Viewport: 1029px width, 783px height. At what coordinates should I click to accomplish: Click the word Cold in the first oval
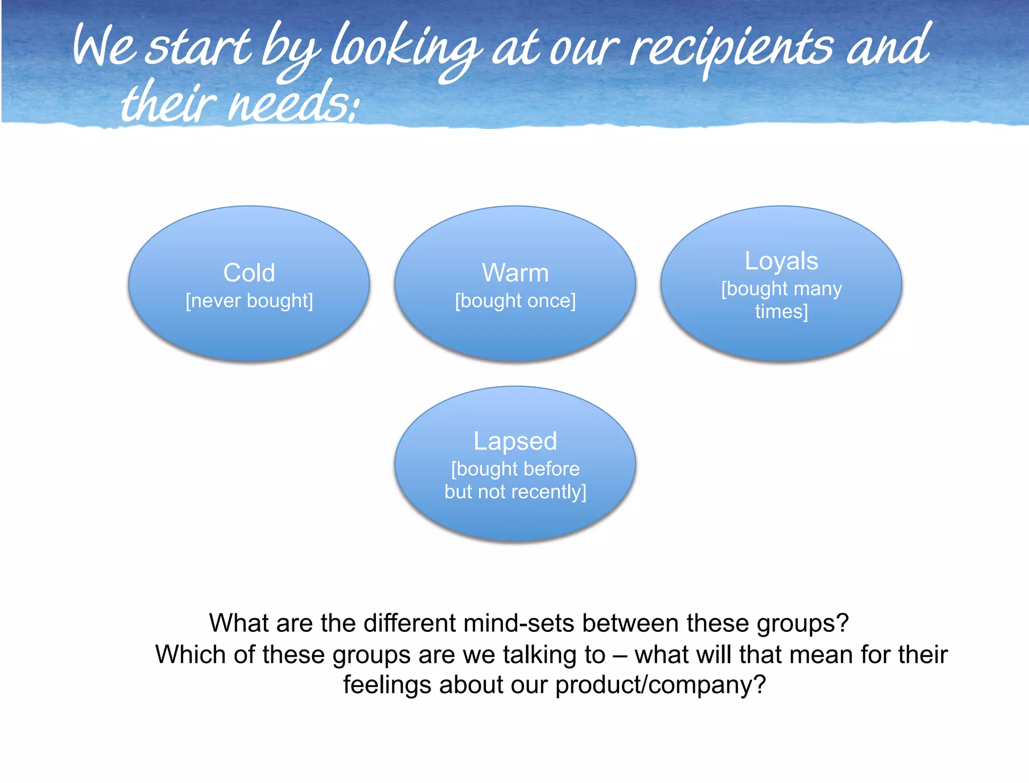[249, 273]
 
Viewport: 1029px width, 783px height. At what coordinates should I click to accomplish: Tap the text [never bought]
[249, 301]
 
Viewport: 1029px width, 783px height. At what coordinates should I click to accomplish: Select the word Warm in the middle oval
[515, 273]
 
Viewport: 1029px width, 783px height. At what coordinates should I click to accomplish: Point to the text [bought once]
[515, 301]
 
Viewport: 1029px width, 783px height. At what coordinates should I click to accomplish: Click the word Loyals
[781, 261]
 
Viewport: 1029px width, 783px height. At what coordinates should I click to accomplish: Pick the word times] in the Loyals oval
[781, 311]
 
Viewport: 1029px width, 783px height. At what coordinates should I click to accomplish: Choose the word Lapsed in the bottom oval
[515, 441]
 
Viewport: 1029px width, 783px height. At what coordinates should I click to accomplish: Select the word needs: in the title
[294, 103]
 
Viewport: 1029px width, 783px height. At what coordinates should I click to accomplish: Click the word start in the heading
[198, 48]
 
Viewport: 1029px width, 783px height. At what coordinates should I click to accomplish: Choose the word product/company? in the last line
[661, 685]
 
